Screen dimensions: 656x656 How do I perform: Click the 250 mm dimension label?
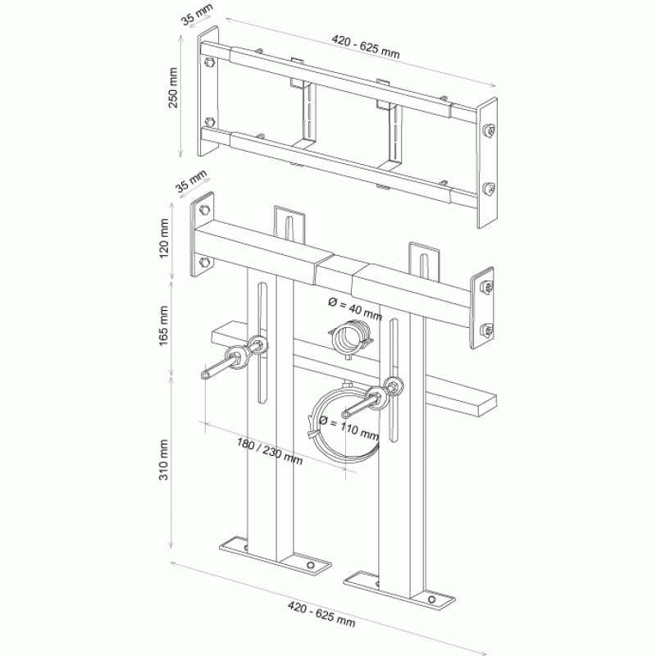pyautogui.click(x=173, y=88)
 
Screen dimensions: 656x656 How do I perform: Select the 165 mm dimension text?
pyautogui.click(x=163, y=326)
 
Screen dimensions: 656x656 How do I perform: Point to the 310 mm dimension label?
pyautogui.click(x=163, y=460)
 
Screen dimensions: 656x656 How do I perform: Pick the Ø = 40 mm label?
pyautogui.click(x=355, y=309)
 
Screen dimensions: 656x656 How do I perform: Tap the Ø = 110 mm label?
pyautogui.click(x=348, y=428)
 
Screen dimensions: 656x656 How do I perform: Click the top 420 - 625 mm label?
pyautogui.click(x=366, y=47)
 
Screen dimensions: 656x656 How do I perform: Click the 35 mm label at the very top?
pyautogui.click(x=197, y=15)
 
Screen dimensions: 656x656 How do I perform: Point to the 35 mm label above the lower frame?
pyautogui.click(x=191, y=180)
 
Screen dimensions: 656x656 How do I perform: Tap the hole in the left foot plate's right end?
pyautogui.click(x=311, y=565)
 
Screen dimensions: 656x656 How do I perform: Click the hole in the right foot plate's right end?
pyautogui.click(x=432, y=600)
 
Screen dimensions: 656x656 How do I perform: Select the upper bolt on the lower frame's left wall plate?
pyautogui.click(x=205, y=210)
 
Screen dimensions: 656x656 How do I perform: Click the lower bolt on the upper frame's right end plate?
pyautogui.click(x=489, y=189)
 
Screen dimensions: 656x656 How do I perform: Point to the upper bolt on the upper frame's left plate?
pyautogui.click(x=210, y=64)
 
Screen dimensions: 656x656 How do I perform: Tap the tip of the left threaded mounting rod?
pyautogui.click(x=204, y=376)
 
